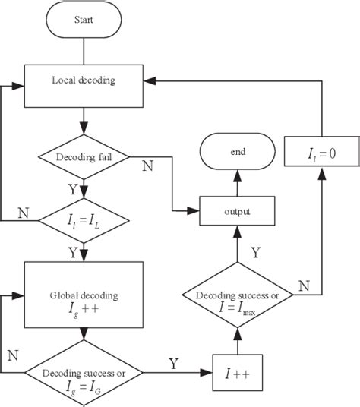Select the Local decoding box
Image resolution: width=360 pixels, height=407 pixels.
[x=84, y=80]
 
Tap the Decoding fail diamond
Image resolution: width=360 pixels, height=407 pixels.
[x=84, y=158]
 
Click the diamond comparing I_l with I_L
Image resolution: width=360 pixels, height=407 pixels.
[x=84, y=221]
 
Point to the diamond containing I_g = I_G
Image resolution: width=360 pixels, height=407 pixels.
[x=84, y=373]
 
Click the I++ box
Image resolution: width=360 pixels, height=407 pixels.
[x=237, y=373]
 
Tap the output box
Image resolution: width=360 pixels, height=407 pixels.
[x=237, y=210]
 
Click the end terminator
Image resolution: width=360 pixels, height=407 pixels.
[x=238, y=152]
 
